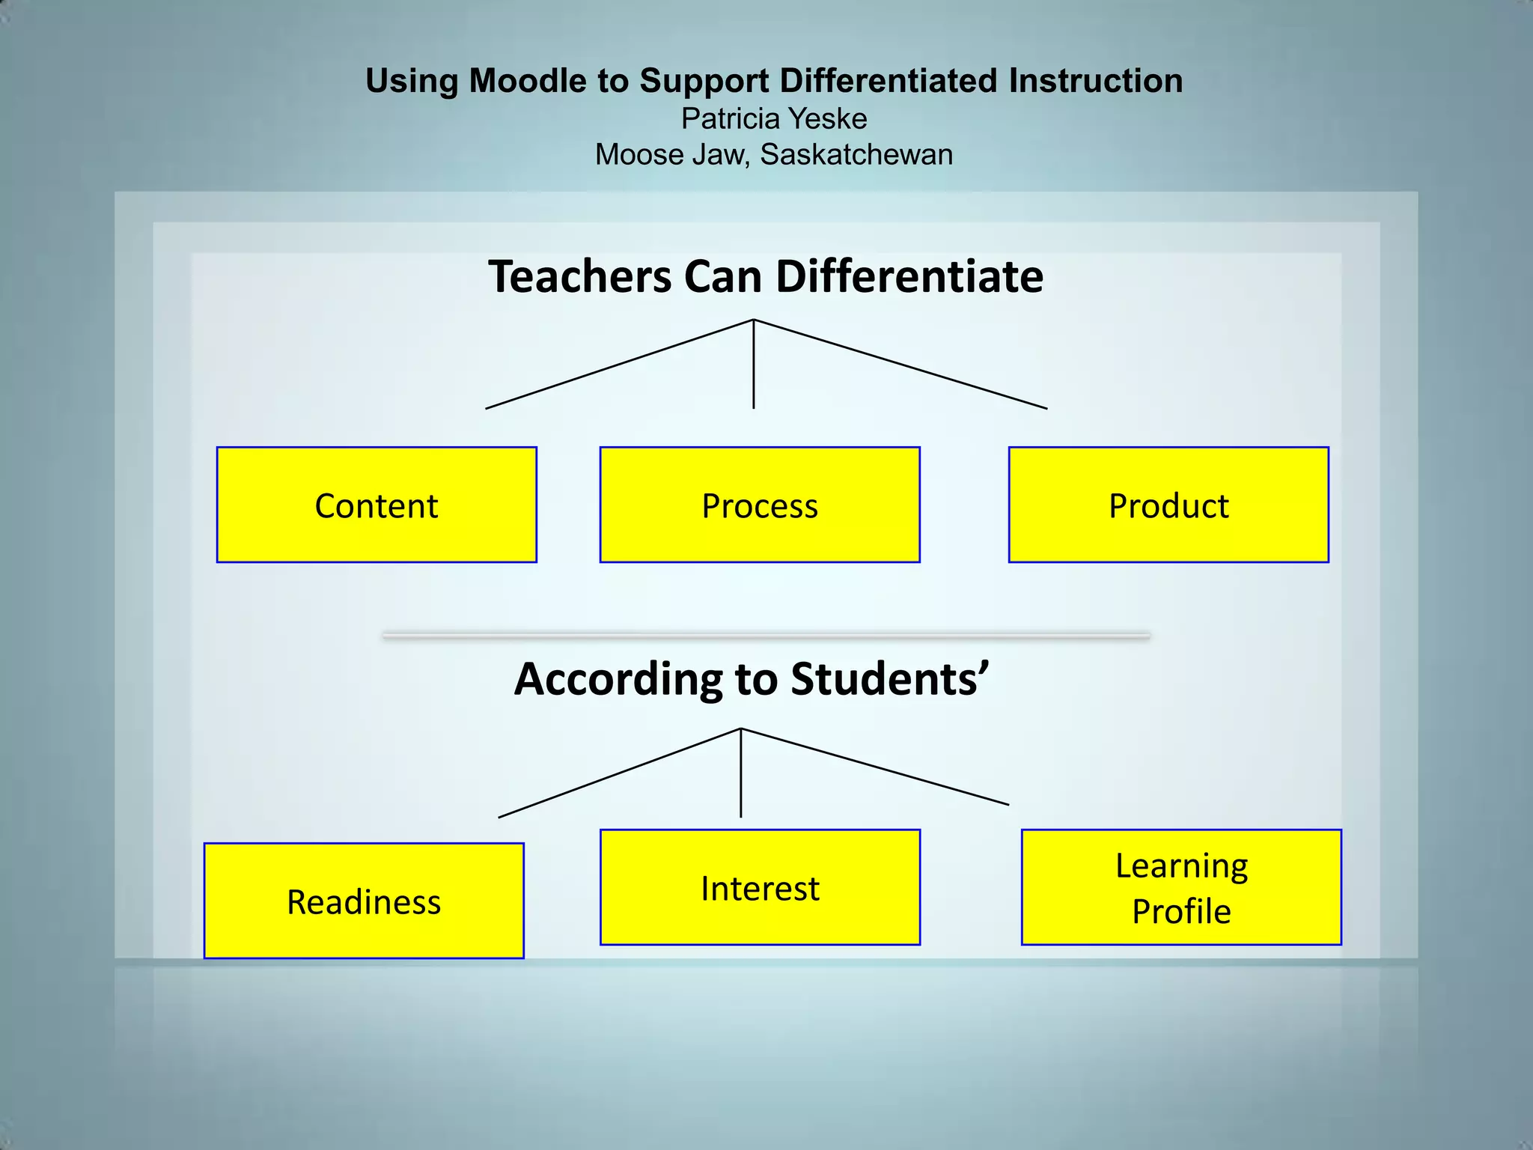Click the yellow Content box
377,505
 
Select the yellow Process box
760,505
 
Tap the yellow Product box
1168,505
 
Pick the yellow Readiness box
364,901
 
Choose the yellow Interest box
760,887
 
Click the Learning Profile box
1181,887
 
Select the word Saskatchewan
856,155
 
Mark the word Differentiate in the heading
909,276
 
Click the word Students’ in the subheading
890,679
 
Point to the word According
618,679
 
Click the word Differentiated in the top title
888,81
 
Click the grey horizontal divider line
766,636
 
